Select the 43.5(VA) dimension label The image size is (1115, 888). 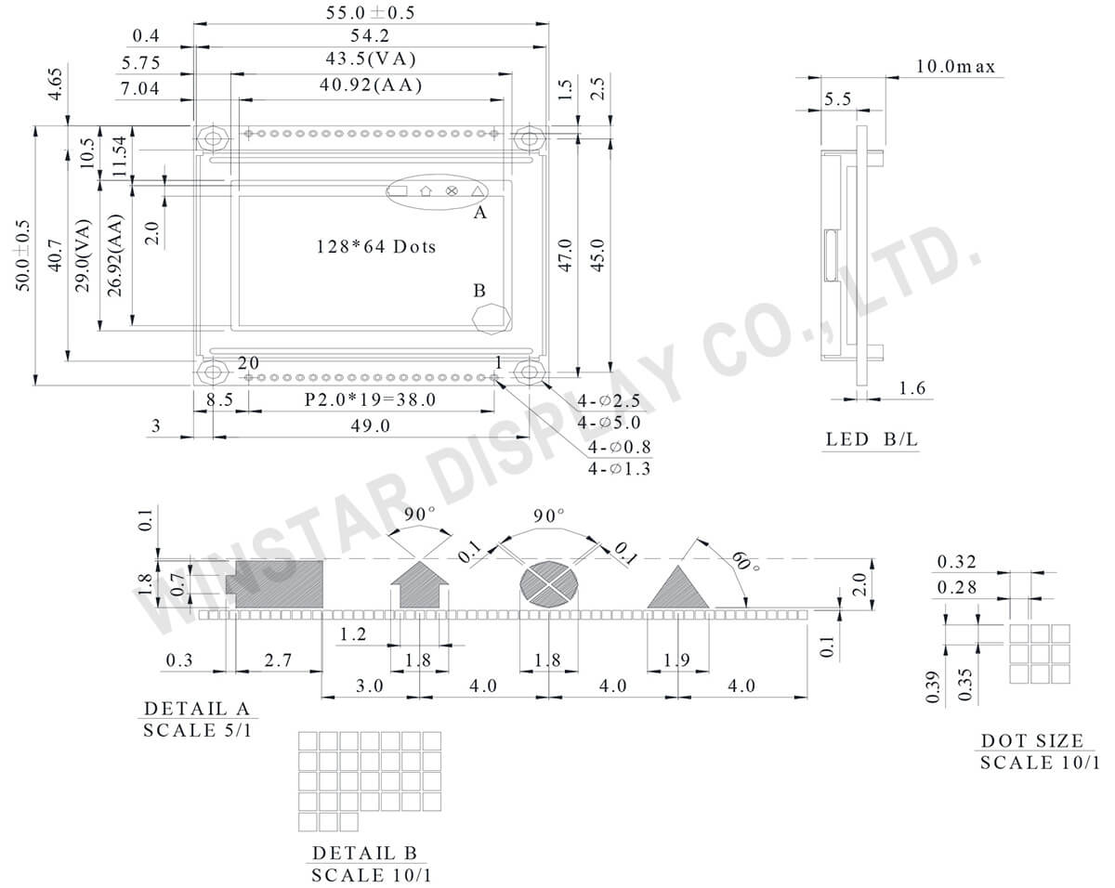[x=371, y=59]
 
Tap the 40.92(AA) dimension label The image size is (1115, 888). [x=371, y=86]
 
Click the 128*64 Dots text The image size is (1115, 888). [x=375, y=247]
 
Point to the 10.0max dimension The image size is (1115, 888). [x=955, y=67]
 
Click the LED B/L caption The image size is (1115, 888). [x=872, y=439]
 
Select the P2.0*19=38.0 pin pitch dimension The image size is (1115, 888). [x=371, y=400]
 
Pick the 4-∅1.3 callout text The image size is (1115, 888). [x=619, y=469]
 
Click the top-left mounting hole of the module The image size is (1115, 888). [x=214, y=139]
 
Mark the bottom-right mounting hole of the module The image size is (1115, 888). [x=530, y=373]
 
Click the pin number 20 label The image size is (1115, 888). [x=248, y=361]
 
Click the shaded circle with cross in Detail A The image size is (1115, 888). [x=548, y=585]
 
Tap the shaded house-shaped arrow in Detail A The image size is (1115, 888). [x=419, y=588]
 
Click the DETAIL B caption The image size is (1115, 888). [x=364, y=853]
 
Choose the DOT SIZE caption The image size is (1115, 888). [x=1032, y=741]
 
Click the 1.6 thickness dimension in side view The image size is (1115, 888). [x=912, y=389]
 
